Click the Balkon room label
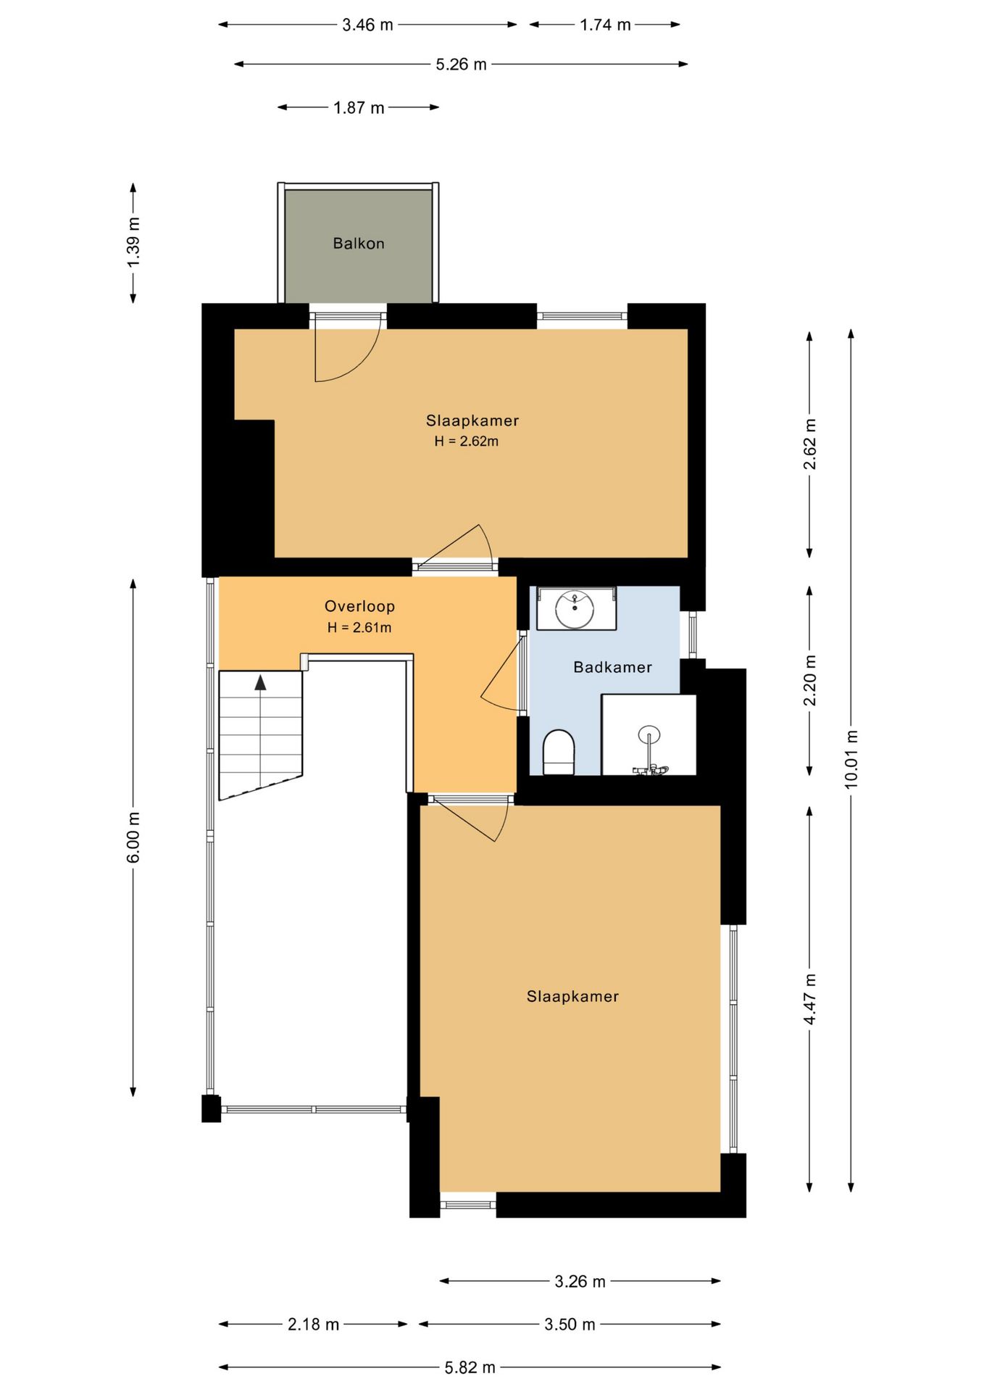coord(359,244)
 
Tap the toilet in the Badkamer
coord(559,752)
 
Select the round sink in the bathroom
coord(575,609)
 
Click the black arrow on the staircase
coord(260,681)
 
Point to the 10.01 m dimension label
coord(851,759)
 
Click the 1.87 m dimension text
coord(359,108)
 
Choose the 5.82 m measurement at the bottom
coord(470,1367)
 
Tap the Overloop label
coord(359,606)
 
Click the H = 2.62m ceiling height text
coord(467,441)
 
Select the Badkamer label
coord(613,667)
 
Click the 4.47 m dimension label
coord(810,999)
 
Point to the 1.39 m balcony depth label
coord(133,242)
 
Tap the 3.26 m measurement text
coord(580,1281)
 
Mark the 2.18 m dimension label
coord(314,1325)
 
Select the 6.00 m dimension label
coord(133,837)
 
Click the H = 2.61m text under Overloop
coord(359,628)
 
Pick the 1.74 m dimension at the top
coord(605,25)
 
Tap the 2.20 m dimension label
coord(810,680)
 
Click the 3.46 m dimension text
coord(367,25)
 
